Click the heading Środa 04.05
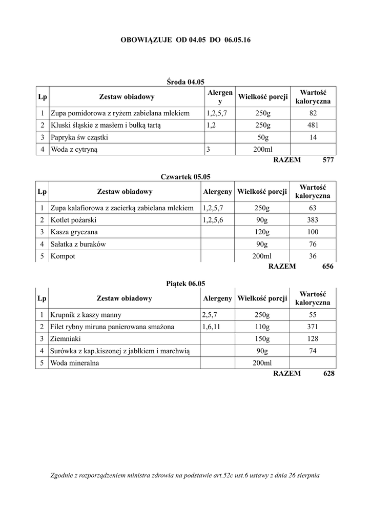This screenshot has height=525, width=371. pos(186,81)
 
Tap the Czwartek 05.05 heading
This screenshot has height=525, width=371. pos(186,177)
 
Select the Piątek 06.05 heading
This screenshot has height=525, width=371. pos(186,283)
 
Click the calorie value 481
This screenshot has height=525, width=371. pos(313,125)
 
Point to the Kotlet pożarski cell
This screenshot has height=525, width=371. pos(73,220)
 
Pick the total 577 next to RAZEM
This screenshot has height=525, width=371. pos(328,160)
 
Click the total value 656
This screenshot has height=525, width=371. pos(327,267)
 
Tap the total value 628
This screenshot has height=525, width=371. pos(328,374)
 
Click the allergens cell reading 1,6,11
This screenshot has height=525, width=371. pos(212,327)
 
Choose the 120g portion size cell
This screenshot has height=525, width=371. pos(262,232)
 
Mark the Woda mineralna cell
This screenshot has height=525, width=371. pos(75,362)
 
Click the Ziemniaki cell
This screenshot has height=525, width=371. pos(66,339)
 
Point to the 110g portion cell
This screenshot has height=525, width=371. pos(262,327)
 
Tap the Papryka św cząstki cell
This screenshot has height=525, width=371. pos(79,137)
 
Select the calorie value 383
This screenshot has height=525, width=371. pos(313,220)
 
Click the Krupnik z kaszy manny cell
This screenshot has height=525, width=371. pos(86,315)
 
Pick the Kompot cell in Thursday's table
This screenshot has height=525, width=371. pos(63,256)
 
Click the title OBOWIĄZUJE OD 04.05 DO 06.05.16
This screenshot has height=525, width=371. pos(186,39)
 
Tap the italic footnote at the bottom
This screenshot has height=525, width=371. pos(186,475)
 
